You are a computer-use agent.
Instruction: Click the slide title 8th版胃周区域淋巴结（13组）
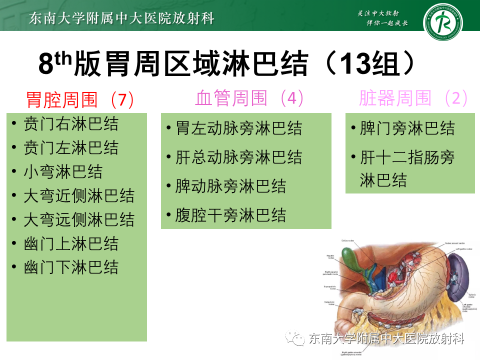(227, 64)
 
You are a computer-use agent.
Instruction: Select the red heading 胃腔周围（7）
(80, 99)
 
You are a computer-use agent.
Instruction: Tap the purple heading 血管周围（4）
(249, 98)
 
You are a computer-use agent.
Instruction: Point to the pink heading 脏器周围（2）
(413, 98)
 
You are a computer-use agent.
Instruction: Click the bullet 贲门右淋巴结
(71, 124)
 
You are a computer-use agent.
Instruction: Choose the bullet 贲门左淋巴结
(71, 148)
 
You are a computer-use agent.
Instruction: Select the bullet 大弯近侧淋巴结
(79, 195)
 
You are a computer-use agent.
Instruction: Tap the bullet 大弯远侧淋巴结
(79, 219)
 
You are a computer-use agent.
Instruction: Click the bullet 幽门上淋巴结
(71, 243)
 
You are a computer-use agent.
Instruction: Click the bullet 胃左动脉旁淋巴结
(239, 128)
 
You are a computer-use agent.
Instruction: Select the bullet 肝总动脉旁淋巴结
(239, 157)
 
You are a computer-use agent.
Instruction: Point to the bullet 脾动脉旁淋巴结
(231, 186)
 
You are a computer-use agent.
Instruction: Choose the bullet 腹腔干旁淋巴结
(231, 215)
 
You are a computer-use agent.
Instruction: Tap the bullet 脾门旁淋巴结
(407, 128)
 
